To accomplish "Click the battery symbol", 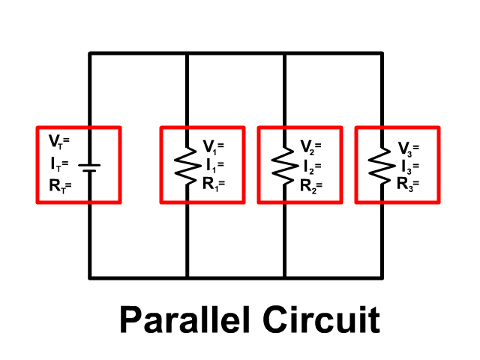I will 90,165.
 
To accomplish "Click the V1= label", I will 213,145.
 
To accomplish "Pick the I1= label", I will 213,164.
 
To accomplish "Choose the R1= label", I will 213,183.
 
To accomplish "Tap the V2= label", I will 311,145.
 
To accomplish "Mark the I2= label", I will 311,164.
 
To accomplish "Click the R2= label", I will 311,183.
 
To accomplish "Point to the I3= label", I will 409,166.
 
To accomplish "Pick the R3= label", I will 409,183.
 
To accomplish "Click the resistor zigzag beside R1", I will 186,165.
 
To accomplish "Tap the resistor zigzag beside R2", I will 283,165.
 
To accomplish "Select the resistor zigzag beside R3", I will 381,165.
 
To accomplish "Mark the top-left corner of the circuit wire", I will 90,53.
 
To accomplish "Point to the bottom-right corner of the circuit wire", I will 382,277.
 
